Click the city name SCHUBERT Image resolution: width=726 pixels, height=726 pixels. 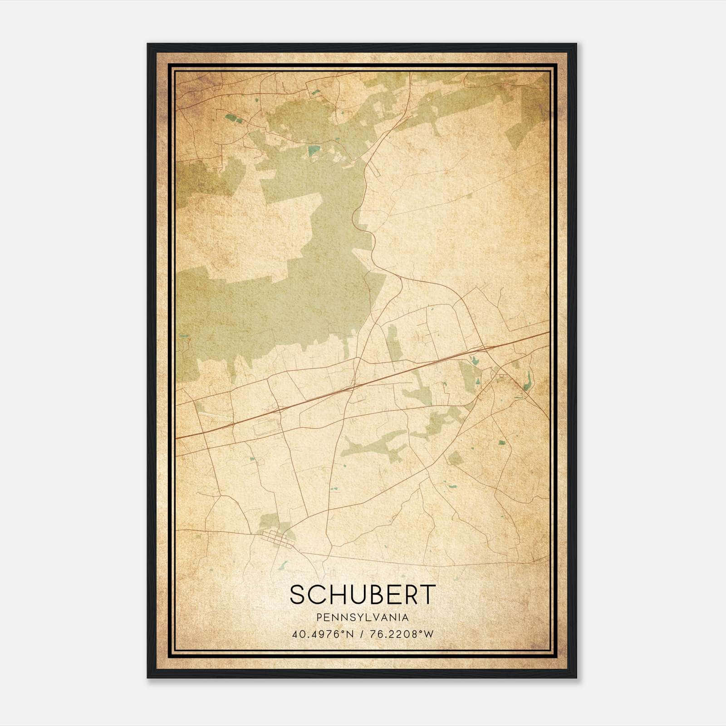click(363, 594)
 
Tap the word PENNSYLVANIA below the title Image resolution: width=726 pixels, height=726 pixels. click(363, 618)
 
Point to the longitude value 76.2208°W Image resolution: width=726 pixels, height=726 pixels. click(401, 634)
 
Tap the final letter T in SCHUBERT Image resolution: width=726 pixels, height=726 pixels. click(428, 594)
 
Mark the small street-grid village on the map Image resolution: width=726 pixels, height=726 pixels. click(277, 539)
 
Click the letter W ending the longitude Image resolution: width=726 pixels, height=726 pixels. click(429, 634)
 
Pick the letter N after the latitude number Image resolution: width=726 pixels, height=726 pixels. click(350, 634)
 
